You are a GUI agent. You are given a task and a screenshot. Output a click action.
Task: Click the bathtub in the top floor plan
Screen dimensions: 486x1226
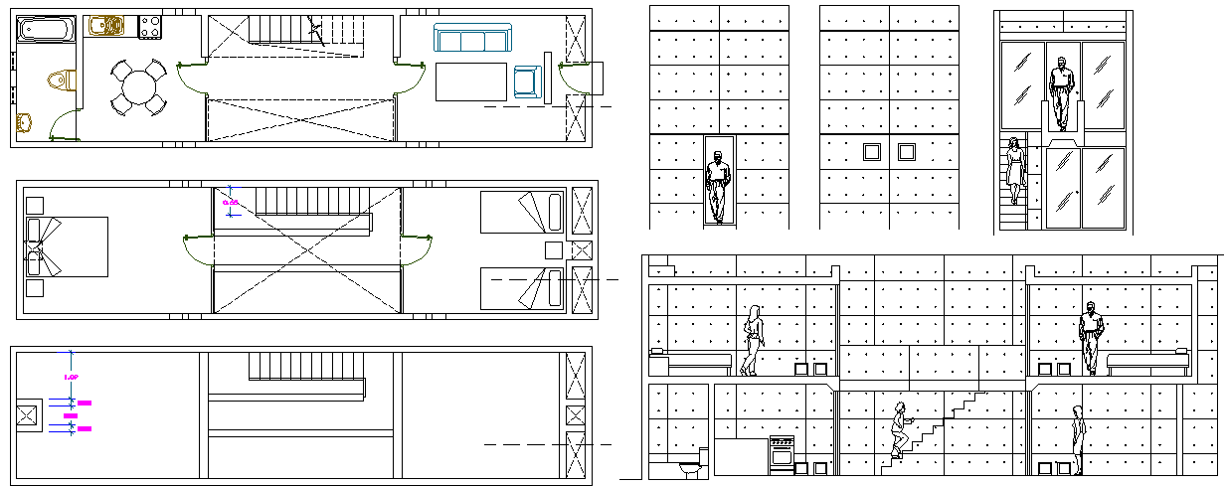48,29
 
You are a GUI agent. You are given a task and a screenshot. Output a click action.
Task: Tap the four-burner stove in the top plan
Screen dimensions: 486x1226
150,27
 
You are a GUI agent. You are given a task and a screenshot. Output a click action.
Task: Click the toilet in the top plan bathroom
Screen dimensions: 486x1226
63,80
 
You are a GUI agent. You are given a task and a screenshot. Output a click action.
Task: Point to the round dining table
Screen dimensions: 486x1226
138,87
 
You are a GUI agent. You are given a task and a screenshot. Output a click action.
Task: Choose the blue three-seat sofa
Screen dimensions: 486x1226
472,40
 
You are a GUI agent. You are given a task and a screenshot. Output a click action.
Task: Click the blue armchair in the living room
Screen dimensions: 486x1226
526,82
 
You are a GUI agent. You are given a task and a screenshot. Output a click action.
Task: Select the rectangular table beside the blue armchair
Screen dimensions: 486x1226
470,81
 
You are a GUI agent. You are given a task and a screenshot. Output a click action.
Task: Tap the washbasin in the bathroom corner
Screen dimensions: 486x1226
25,122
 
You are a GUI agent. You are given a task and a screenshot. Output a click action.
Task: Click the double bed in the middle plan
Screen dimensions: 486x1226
68,245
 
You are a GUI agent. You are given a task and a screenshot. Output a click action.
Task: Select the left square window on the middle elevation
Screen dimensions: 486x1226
872,152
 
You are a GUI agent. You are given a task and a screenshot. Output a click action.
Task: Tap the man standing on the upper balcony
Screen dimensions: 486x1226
1062,92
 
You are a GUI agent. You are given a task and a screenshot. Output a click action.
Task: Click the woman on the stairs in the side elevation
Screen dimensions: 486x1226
1015,170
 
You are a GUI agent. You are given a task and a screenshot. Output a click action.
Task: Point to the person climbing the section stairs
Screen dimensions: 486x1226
900,430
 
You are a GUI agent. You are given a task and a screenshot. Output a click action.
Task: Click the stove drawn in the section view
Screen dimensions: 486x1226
783,452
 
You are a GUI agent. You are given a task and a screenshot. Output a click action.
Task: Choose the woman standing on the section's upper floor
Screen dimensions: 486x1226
753,340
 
